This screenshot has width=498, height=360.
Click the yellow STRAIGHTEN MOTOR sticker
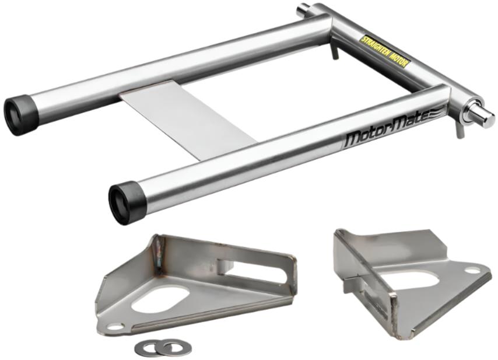384,51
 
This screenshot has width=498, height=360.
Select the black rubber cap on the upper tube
20,115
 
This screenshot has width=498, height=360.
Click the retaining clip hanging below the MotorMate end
460,130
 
